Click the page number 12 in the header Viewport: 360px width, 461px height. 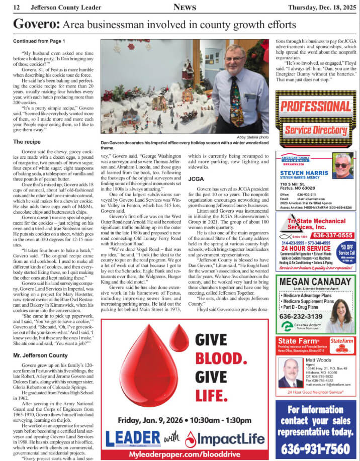(x=17, y=7)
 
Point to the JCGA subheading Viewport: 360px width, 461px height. (x=196, y=179)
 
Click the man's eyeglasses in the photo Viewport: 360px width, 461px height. (x=234, y=59)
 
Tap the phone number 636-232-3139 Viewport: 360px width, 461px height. (x=301, y=316)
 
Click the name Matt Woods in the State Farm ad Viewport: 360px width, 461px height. (x=322, y=360)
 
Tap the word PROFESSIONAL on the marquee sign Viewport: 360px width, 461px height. (x=315, y=107)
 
